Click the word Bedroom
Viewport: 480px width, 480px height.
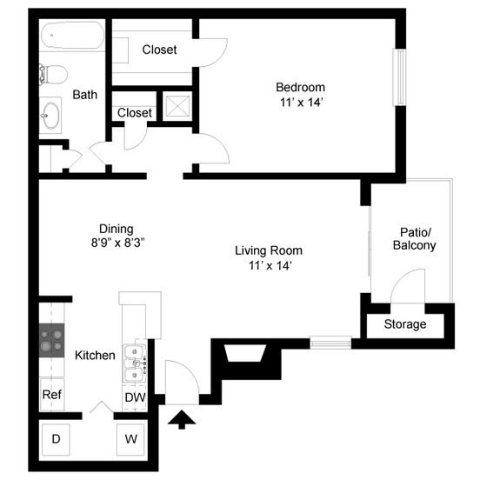[x=300, y=87]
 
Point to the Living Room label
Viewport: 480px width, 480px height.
[x=269, y=250]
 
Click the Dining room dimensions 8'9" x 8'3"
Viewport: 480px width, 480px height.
[x=116, y=243]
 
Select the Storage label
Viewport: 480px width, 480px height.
[x=405, y=324]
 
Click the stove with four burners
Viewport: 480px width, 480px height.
[x=52, y=340]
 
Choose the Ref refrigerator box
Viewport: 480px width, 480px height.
[x=52, y=395]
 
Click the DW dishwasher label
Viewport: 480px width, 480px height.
[x=134, y=397]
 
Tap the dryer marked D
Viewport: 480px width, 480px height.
[x=56, y=439]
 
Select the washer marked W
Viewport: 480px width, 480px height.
[x=131, y=439]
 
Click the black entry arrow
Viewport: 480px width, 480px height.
[x=181, y=421]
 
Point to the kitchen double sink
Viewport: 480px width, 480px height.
[x=135, y=364]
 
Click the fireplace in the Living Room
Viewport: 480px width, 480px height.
[x=244, y=354]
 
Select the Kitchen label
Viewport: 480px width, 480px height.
[x=95, y=356]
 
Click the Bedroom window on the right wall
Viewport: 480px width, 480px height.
[x=401, y=87]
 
